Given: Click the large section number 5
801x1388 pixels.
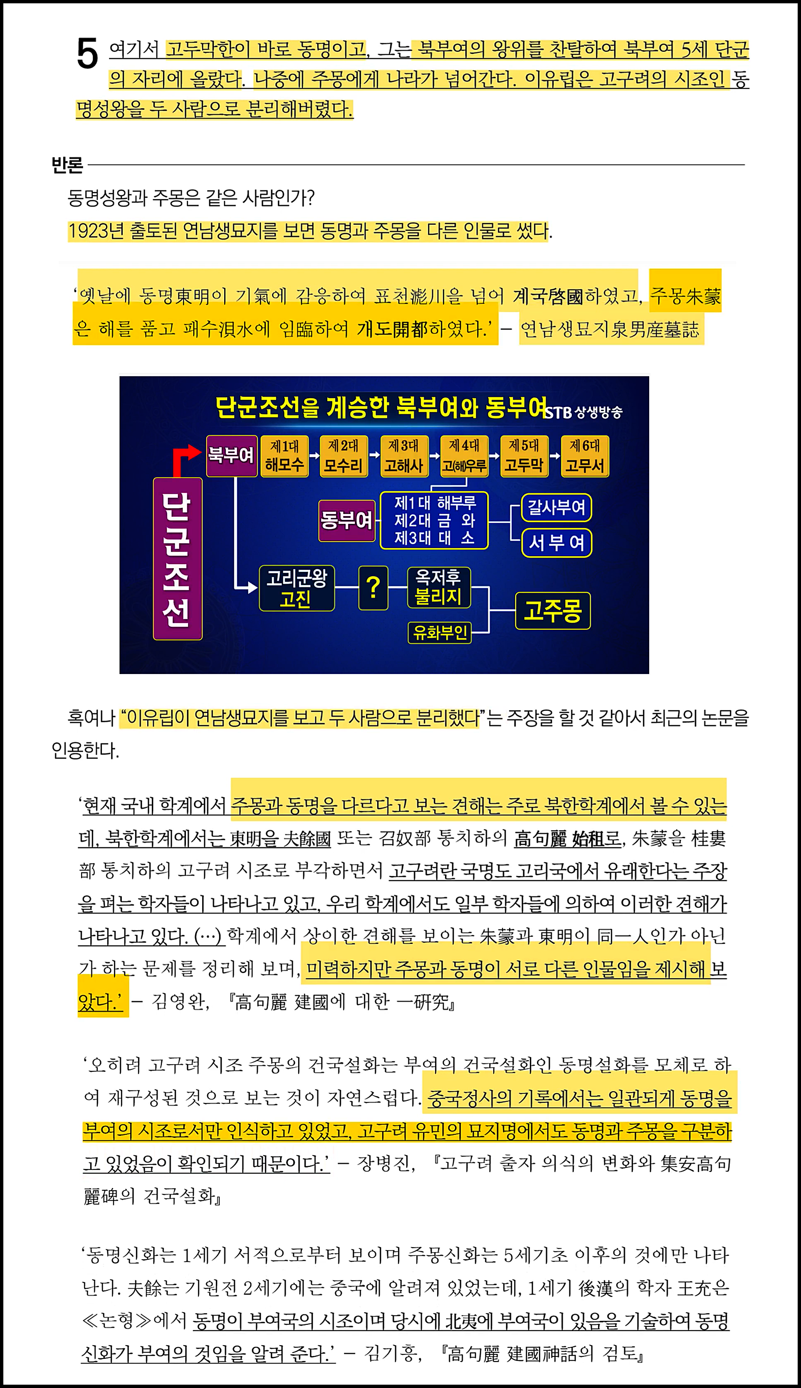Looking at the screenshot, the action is tap(87, 54).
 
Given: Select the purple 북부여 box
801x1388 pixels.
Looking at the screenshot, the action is tap(231, 456).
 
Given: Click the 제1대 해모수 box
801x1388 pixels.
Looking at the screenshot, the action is tap(284, 456).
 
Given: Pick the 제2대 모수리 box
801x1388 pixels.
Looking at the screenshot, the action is tap(343, 456).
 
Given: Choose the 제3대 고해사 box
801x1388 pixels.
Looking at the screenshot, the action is tap(403, 456).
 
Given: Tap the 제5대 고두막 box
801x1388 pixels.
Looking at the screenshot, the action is tap(523, 456).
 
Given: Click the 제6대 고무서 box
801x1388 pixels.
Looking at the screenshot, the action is tap(584, 456).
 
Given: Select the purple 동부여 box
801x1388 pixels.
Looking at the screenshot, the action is tap(346, 520).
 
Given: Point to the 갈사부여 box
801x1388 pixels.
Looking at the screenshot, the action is tap(556, 507).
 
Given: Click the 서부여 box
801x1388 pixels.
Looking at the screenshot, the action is tap(556, 543).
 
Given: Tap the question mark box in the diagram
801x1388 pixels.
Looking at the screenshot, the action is tap(373, 588).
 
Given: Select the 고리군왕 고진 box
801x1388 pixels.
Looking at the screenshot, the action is tap(297, 588).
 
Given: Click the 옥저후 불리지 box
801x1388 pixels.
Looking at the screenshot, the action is tap(438, 587).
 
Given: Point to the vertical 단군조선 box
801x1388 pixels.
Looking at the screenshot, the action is tap(177, 559).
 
